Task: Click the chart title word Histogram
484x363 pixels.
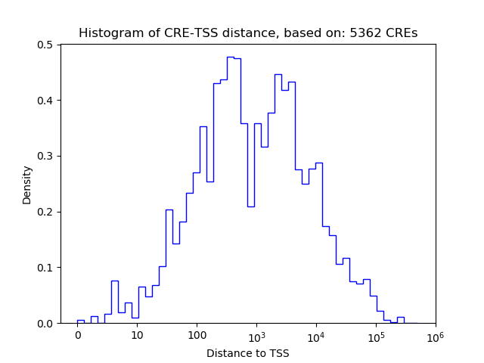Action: point(107,33)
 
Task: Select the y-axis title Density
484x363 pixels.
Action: point(27,185)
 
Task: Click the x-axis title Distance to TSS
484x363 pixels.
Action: point(248,353)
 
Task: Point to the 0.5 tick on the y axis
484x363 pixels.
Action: point(46,45)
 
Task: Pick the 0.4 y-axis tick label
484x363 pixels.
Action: point(46,101)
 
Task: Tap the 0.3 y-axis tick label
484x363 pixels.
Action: point(46,157)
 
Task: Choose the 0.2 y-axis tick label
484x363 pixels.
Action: point(46,212)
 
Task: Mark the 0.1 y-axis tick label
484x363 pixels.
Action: point(46,268)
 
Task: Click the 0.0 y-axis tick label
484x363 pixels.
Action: point(46,324)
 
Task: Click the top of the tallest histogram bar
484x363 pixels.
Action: point(231,57)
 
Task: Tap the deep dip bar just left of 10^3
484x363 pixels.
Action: point(250,206)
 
